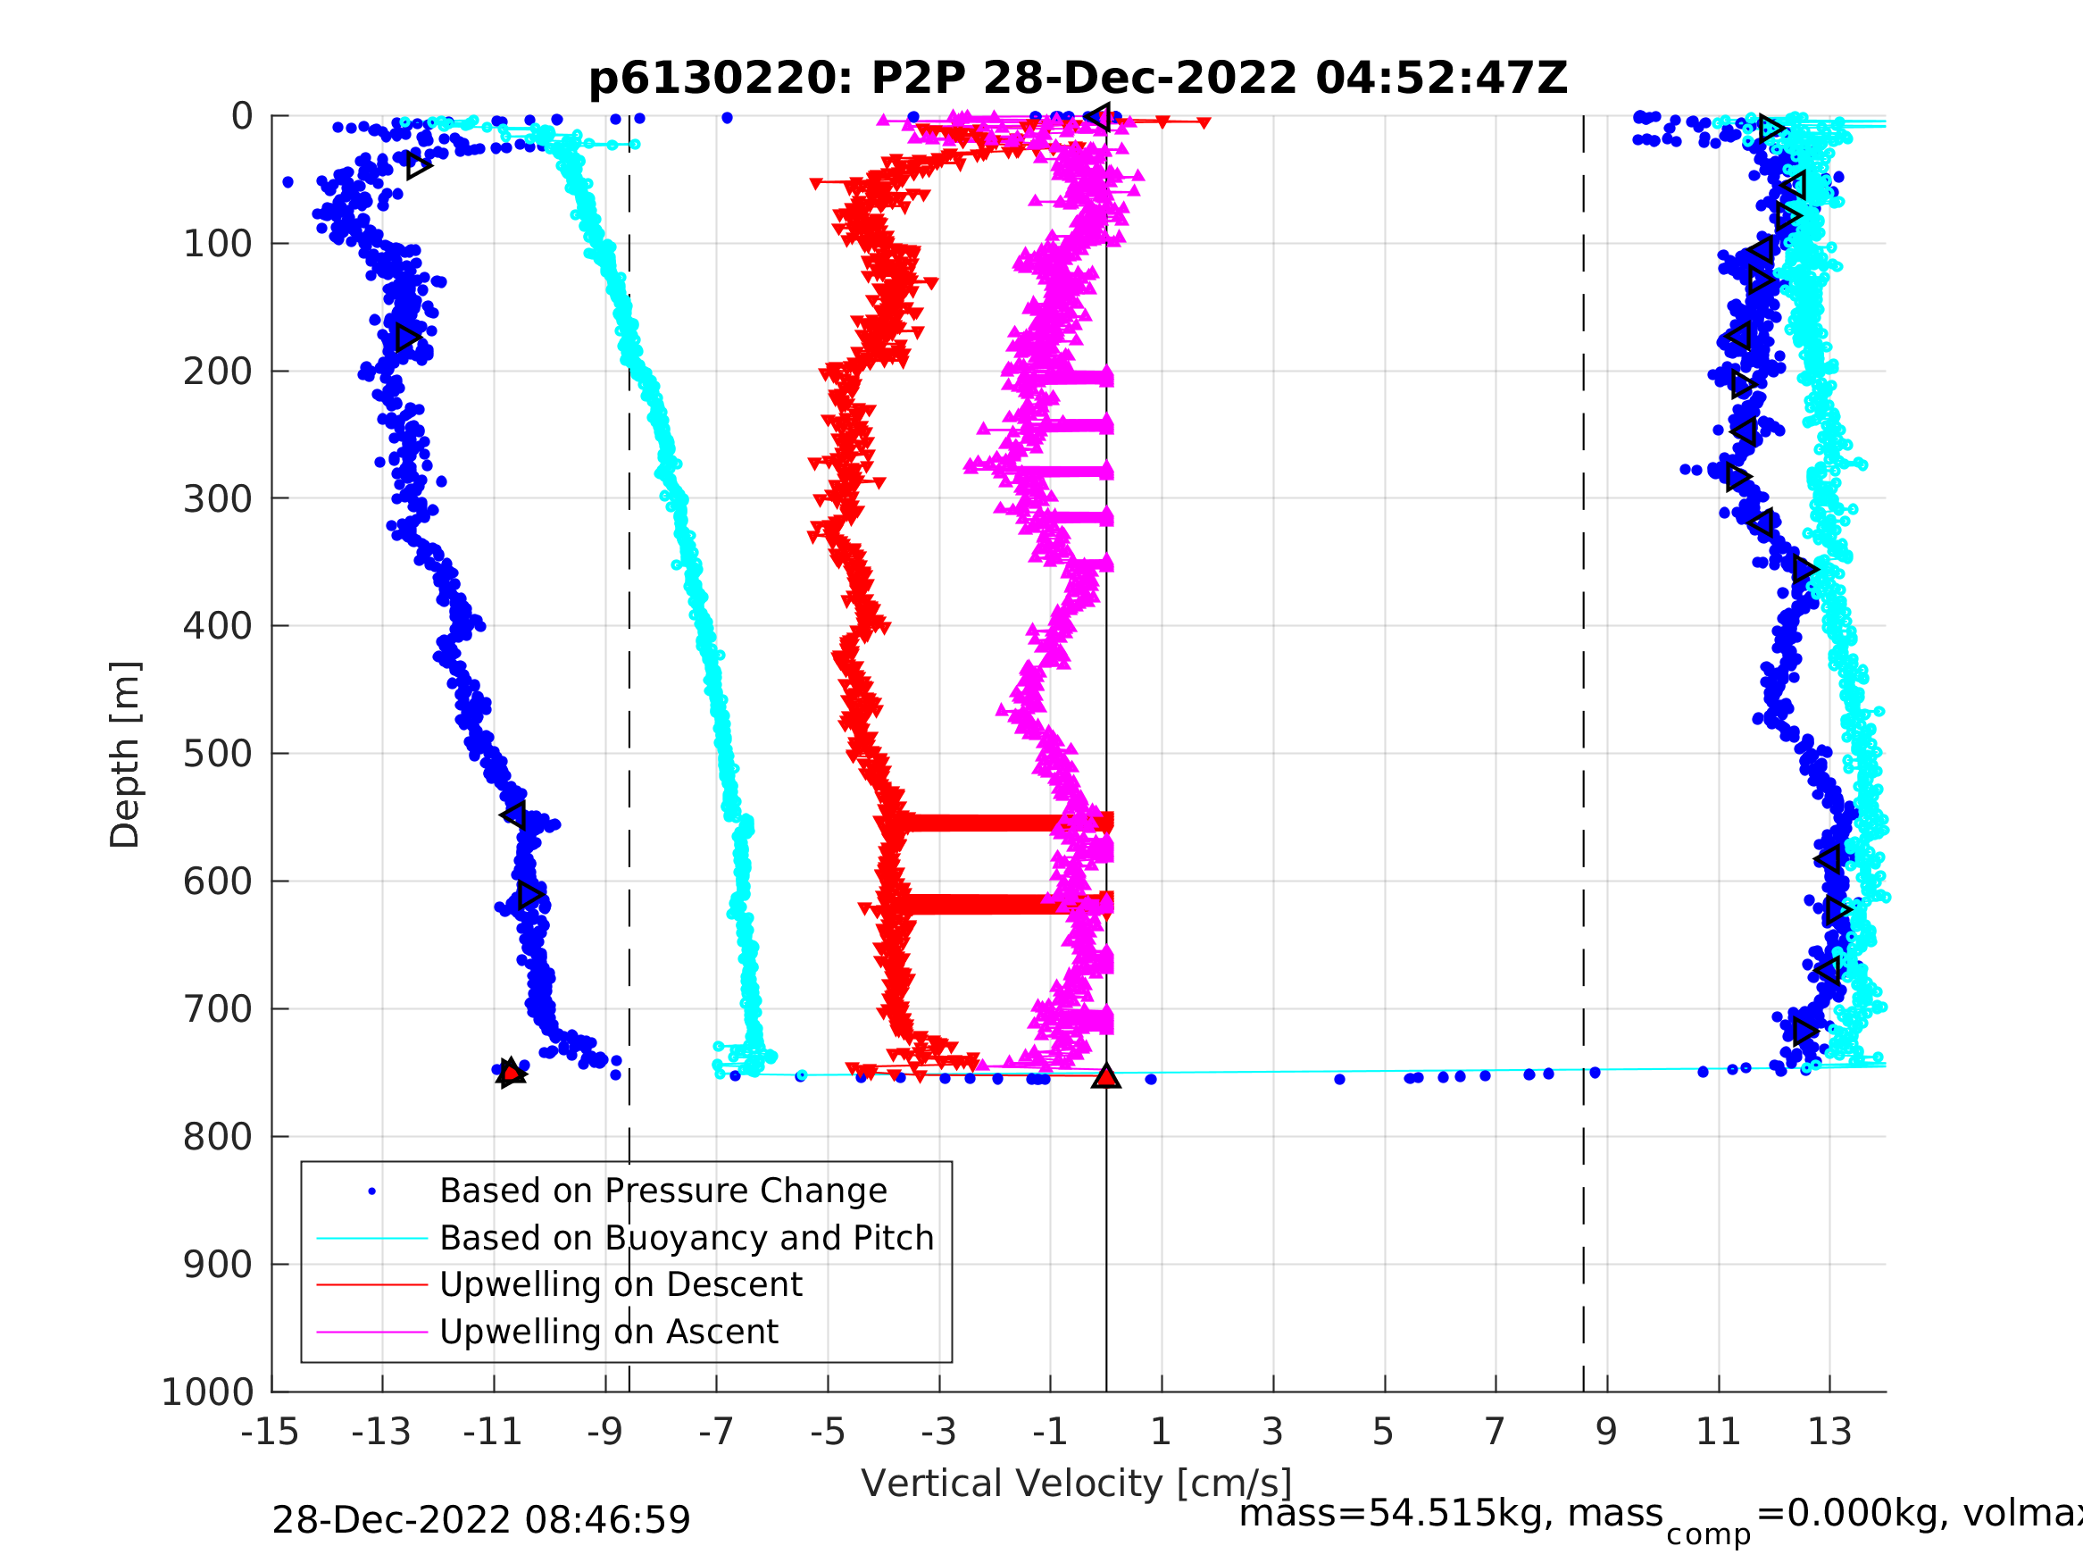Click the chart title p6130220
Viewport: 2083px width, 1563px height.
coord(1078,79)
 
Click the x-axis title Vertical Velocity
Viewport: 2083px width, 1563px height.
coord(1077,1482)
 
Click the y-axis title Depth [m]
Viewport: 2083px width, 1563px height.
coord(125,755)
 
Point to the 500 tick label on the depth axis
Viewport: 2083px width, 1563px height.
coord(218,754)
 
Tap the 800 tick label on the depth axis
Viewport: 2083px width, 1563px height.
coord(218,1137)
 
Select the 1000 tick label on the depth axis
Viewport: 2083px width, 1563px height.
coord(208,1392)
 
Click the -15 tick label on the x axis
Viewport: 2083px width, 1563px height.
coord(271,1432)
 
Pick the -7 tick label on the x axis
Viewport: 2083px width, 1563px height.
coord(716,1432)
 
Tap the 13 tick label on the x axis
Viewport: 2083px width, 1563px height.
coord(1829,1432)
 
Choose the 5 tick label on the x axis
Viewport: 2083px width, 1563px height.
coord(1383,1432)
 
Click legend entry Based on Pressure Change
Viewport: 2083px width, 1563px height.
coord(663,1191)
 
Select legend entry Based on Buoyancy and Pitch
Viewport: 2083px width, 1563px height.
coord(687,1238)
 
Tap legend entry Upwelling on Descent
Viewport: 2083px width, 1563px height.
coord(621,1285)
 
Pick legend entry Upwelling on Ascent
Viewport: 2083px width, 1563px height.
coord(608,1333)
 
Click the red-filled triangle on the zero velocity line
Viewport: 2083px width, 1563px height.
coord(1106,1076)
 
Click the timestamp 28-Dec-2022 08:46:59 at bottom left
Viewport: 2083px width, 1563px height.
coord(481,1521)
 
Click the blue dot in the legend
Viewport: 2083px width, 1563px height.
coord(372,1191)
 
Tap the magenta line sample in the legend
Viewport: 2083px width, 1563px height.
coord(372,1333)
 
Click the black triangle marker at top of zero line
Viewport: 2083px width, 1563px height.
coord(1098,117)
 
